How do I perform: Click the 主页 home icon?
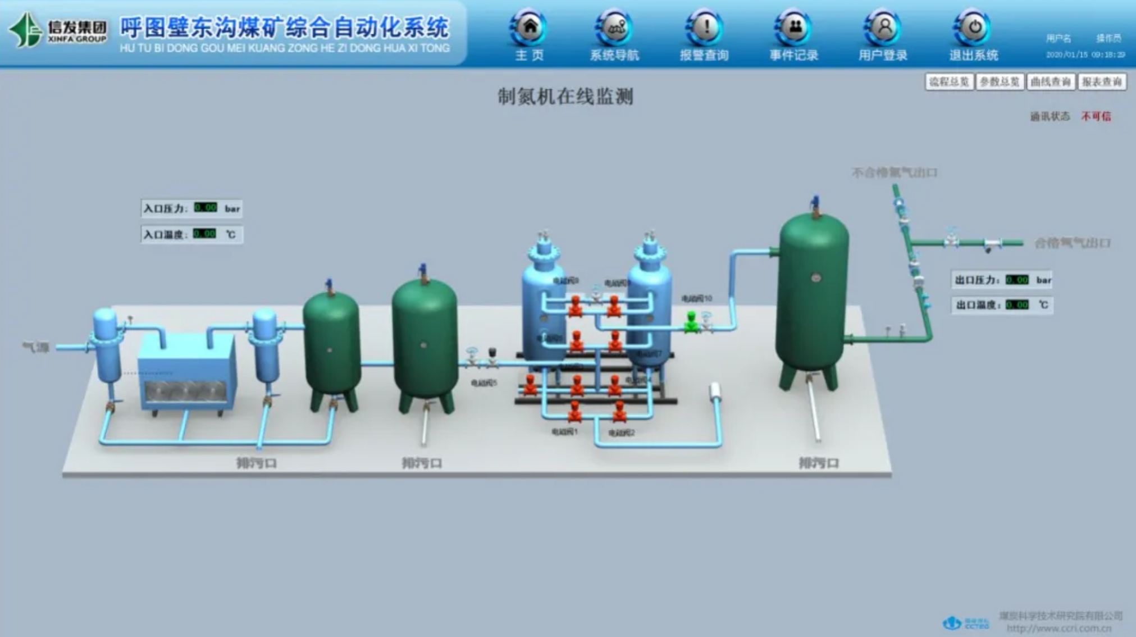point(529,27)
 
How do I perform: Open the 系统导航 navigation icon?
point(614,27)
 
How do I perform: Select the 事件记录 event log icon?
point(793,27)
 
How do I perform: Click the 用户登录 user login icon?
point(883,27)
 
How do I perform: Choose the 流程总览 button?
point(949,82)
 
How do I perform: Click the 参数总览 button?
point(1000,82)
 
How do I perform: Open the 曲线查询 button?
point(1051,82)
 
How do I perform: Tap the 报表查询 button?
point(1102,82)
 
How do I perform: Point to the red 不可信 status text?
point(1096,116)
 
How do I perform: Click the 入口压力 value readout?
point(206,208)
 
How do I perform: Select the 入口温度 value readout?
point(204,234)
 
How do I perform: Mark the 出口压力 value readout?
point(1017,280)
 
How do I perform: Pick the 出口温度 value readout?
point(1017,305)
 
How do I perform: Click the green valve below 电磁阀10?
point(691,322)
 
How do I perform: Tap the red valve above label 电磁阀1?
point(574,412)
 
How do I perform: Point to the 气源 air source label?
point(36,348)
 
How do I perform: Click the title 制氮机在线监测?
point(565,97)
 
